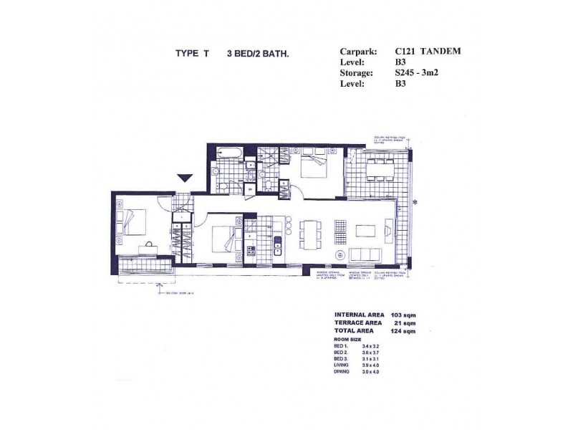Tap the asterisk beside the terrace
click(415, 203)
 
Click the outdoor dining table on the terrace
click(380, 171)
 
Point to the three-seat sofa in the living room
click(365, 254)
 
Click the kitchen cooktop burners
click(251, 252)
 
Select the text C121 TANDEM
click(428, 52)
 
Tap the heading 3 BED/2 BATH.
click(258, 53)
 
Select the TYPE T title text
click(191, 53)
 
